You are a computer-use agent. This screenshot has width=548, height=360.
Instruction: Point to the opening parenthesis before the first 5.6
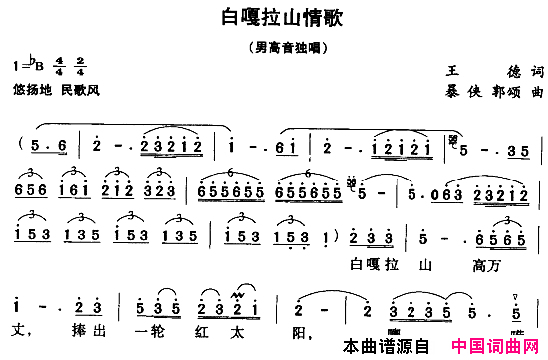click(20, 146)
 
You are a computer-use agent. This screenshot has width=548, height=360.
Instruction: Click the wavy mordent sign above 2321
click(238, 292)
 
